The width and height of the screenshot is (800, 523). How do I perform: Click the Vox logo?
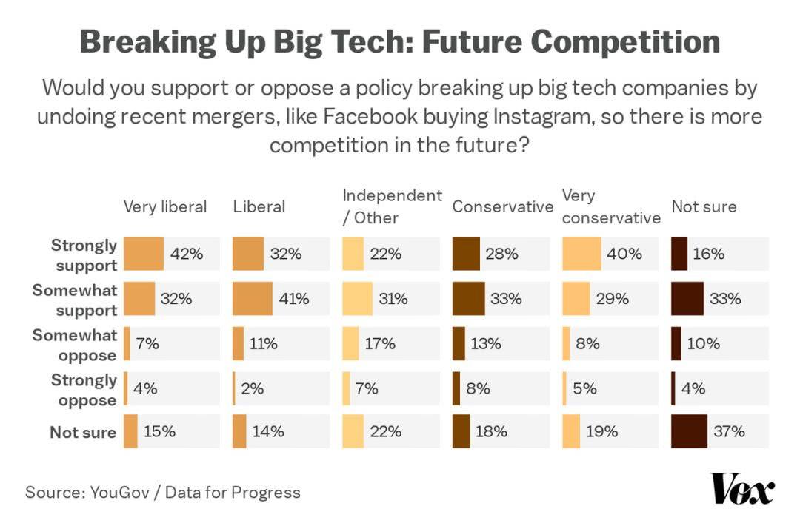[742, 490]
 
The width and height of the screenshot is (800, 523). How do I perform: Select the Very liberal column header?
[164, 206]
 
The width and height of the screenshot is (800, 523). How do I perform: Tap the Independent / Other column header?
[392, 206]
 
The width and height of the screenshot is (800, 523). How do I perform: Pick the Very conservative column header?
[610, 206]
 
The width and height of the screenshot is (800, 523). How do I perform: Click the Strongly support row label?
[84, 254]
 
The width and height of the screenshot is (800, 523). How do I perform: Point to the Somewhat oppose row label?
[74, 345]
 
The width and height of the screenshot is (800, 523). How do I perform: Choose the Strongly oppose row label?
[84, 390]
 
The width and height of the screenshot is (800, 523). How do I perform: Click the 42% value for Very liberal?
[186, 254]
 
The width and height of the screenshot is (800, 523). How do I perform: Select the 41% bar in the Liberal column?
[252, 299]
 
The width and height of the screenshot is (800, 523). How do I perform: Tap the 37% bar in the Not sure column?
[689, 431]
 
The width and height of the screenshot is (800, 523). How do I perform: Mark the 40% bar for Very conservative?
[581, 254]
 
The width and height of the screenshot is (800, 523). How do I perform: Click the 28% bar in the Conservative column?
[466, 254]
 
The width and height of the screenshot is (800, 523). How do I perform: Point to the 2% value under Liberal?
[252, 388]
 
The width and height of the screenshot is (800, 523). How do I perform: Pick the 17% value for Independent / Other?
[379, 344]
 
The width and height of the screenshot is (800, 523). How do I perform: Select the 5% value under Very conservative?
[584, 388]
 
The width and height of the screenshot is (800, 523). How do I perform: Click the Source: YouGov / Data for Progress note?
[163, 492]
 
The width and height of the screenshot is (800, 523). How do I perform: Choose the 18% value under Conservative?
[490, 431]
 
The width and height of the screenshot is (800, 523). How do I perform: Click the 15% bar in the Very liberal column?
[130, 431]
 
